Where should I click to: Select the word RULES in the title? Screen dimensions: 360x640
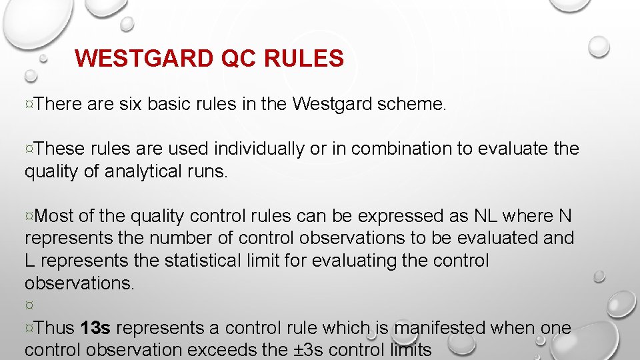point(304,59)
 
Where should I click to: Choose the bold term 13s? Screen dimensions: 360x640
point(95,328)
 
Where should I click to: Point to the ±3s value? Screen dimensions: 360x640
point(305,350)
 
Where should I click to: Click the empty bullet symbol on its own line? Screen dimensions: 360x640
point(29,305)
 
